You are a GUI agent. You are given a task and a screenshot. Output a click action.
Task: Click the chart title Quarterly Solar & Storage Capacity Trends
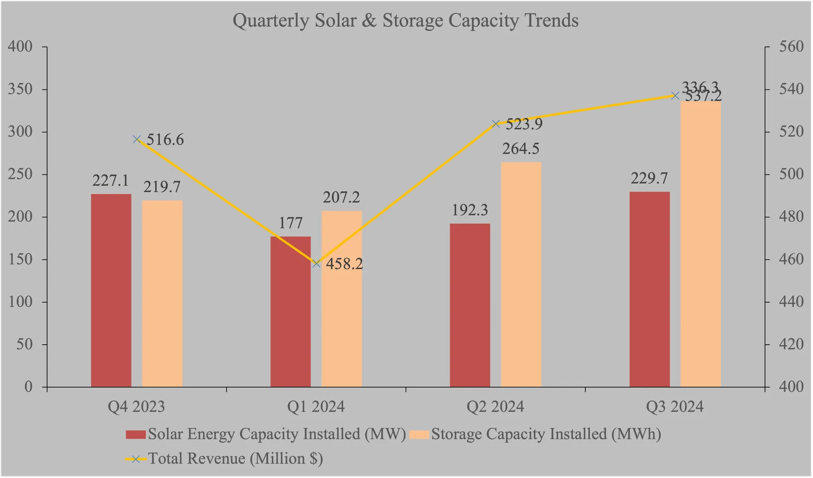pos(405,21)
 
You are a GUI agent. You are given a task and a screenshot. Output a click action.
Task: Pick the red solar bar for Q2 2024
pos(470,305)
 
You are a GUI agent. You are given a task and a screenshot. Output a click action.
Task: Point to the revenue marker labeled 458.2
pos(316,263)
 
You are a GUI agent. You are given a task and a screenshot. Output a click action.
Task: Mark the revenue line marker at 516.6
pos(137,139)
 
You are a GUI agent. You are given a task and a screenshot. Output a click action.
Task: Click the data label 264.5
pos(520,149)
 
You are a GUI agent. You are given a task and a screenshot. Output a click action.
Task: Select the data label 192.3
pos(469,210)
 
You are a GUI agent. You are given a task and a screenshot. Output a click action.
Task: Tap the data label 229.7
pos(649,178)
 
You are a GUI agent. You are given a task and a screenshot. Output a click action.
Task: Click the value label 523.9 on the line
pos(524,124)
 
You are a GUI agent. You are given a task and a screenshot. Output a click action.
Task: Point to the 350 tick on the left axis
pos(20,89)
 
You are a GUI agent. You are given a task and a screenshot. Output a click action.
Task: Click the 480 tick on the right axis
pos(791,217)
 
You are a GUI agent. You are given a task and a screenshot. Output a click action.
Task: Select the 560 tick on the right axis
pos(791,47)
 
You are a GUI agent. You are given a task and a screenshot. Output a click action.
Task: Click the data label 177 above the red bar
pos(290,223)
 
